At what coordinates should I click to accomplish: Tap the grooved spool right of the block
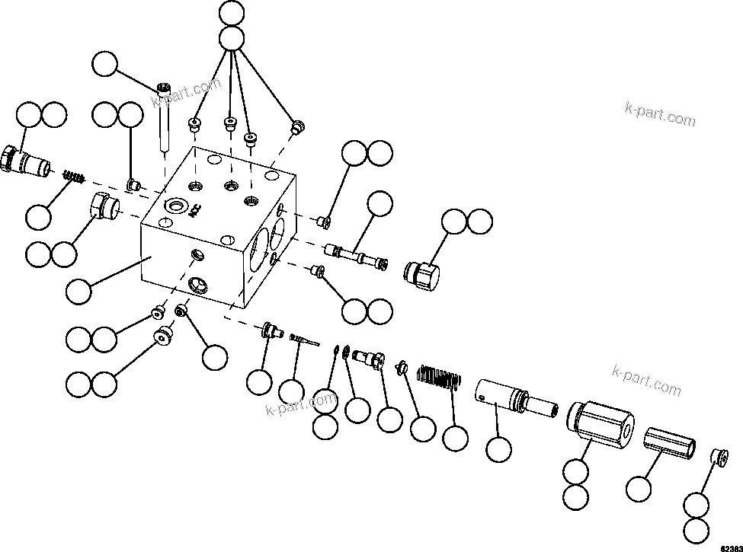tap(356, 255)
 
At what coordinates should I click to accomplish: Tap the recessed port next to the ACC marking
tap(178, 206)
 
